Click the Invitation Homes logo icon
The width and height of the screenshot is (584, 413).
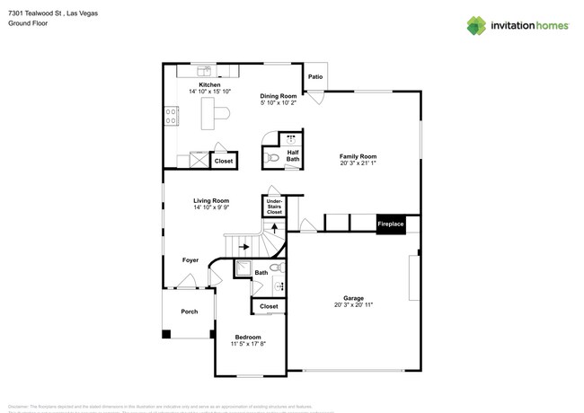476,25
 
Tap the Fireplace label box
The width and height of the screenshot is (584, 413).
390,224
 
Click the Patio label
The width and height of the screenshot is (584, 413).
314,77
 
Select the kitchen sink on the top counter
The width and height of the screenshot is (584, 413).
204,70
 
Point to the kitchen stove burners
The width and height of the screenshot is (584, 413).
169,115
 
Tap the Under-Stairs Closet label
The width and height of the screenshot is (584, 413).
274,206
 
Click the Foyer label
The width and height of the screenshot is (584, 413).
190,260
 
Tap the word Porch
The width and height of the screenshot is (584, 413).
190,312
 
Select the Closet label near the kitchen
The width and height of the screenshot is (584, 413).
224,162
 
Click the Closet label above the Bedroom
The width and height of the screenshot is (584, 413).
269,306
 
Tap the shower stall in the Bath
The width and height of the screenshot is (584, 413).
243,268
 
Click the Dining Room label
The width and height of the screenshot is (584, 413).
279,96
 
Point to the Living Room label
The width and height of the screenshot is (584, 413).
211,200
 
